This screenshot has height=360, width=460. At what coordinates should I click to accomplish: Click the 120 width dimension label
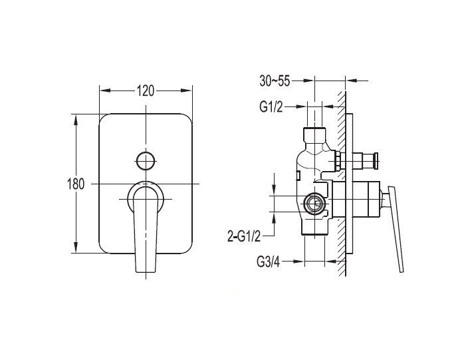[146, 90]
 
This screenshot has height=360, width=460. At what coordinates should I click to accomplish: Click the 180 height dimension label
[76, 184]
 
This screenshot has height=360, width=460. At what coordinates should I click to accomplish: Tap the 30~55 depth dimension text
[275, 81]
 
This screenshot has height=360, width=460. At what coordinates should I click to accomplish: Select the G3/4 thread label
[268, 262]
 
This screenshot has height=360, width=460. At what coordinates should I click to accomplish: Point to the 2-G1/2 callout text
[244, 236]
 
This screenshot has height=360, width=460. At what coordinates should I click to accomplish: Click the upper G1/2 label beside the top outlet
[271, 107]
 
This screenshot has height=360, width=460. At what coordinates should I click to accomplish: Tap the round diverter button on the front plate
[146, 161]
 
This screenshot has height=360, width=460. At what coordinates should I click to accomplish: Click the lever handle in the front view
[145, 229]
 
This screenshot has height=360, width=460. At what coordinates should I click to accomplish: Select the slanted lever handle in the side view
[396, 229]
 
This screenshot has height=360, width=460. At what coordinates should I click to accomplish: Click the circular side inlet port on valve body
[314, 203]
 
